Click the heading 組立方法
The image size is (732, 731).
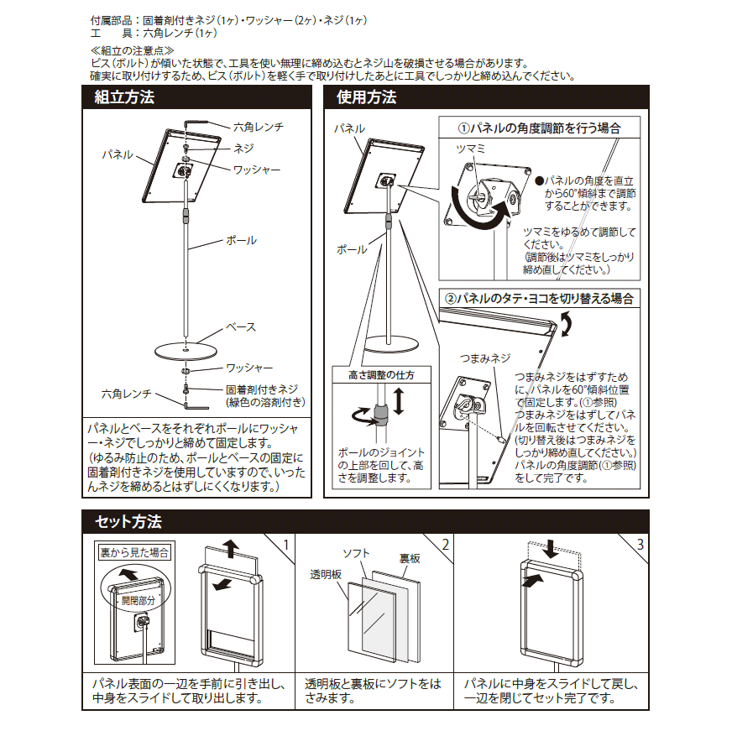click(x=124, y=97)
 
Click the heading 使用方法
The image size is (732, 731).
click(x=366, y=97)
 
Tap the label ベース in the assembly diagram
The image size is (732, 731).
click(x=241, y=326)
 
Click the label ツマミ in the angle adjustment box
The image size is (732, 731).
click(x=471, y=148)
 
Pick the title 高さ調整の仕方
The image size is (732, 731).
click(x=381, y=375)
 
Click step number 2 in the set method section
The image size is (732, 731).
click(x=445, y=544)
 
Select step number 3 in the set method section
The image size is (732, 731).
click(x=640, y=544)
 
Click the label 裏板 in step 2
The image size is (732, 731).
click(x=409, y=558)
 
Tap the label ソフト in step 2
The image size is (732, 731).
click(x=357, y=554)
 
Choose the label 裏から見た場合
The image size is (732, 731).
click(x=134, y=552)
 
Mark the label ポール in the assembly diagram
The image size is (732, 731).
click(x=242, y=241)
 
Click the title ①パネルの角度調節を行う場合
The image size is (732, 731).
click(x=539, y=128)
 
